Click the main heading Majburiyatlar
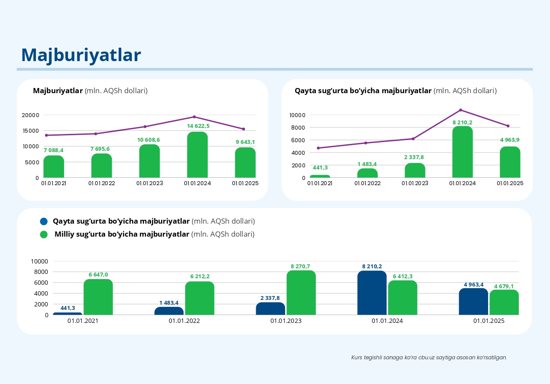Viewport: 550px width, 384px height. pyautogui.click(x=81, y=55)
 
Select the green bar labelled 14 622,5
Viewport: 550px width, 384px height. pyautogui.click(x=197, y=155)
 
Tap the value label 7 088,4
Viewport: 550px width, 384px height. pyautogui.click(x=54, y=150)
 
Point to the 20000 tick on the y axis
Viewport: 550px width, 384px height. pyautogui.click(x=31, y=115)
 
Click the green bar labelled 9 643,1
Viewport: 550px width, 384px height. pyautogui.click(x=245, y=163)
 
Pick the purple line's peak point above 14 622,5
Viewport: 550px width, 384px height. pyautogui.click(x=194, y=117)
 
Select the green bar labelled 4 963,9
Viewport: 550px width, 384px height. pyautogui.click(x=510, y=162)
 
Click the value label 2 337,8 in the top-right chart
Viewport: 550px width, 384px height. pyautogui.click(x=415, y=157)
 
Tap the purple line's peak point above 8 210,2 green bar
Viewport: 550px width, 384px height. pyautogui.click(x=460, y=110)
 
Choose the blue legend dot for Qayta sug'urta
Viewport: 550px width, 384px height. pyautogui.click(x=43, y=221)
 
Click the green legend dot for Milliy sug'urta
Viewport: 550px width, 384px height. pyautogui.click(x=43, y=234)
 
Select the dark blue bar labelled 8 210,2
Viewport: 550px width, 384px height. pyautogui.click(x=372, y=293)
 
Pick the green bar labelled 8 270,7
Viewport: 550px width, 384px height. pyautogui.click(x=301, y=293)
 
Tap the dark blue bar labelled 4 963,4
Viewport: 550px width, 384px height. pyautogui.click(x=473, y=302)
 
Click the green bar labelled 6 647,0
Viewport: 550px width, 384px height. pyautogui.click(x=98, y=297)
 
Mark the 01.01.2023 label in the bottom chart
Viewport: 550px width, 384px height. pyautogui.click(x=286, y=321)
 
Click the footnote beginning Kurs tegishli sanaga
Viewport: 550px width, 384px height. pyautogui.click(x=429, y=358)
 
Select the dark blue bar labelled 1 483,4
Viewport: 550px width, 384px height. pyautogui.click(x=169, y=311)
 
